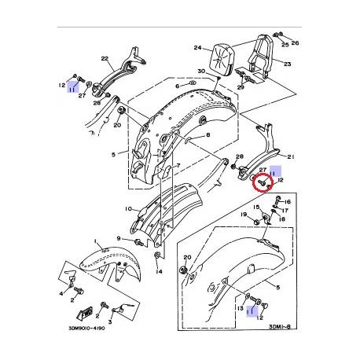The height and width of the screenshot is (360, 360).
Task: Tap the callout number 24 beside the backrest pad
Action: pos(197,47)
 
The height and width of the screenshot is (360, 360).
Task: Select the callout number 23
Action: pos(288,64)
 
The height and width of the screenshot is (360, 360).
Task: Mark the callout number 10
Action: pos(128,209)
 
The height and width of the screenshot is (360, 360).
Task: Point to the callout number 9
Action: pos(120,238)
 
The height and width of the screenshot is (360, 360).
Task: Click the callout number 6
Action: pos(178,86)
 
